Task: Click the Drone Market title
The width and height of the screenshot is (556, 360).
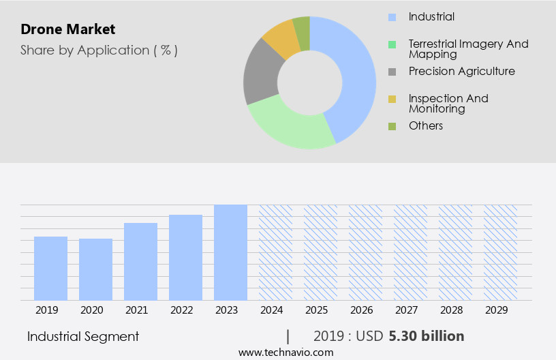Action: (x=68, y=29)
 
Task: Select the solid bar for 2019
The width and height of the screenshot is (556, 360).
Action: (x=50, y=269)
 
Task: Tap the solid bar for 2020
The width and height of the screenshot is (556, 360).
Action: (x=95, y=269)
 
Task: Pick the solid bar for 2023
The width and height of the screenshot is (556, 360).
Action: (x=230, y=252)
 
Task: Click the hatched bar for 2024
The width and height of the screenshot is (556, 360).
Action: (x=275, y=252)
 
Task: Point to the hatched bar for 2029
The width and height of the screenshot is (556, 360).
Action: (x=500, y=252)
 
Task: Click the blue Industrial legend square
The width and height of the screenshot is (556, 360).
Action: (x=392, y=17)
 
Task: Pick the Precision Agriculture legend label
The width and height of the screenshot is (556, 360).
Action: (x=461, y=72)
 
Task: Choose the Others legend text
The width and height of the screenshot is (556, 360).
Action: (x=426, y=126)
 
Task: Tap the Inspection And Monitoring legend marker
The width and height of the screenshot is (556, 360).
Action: (x=392, y=99)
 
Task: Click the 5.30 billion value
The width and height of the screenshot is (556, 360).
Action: (x=427, y=336)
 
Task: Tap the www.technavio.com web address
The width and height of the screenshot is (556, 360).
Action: (x=286, y=352)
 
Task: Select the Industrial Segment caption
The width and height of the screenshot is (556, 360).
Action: (x=83, y=336)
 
